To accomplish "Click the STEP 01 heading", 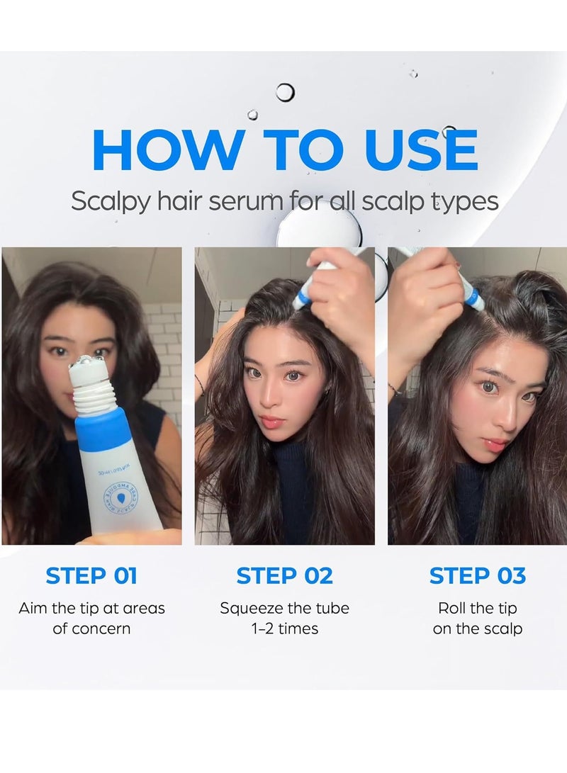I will point(91,576).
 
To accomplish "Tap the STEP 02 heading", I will point(284,576).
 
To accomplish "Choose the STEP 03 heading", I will point(477,576).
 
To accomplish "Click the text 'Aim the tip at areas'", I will point(91,608).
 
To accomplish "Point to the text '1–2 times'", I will point(284,628).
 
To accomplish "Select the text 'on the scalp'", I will point(477,628).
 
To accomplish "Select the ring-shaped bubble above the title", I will point(285,92).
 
